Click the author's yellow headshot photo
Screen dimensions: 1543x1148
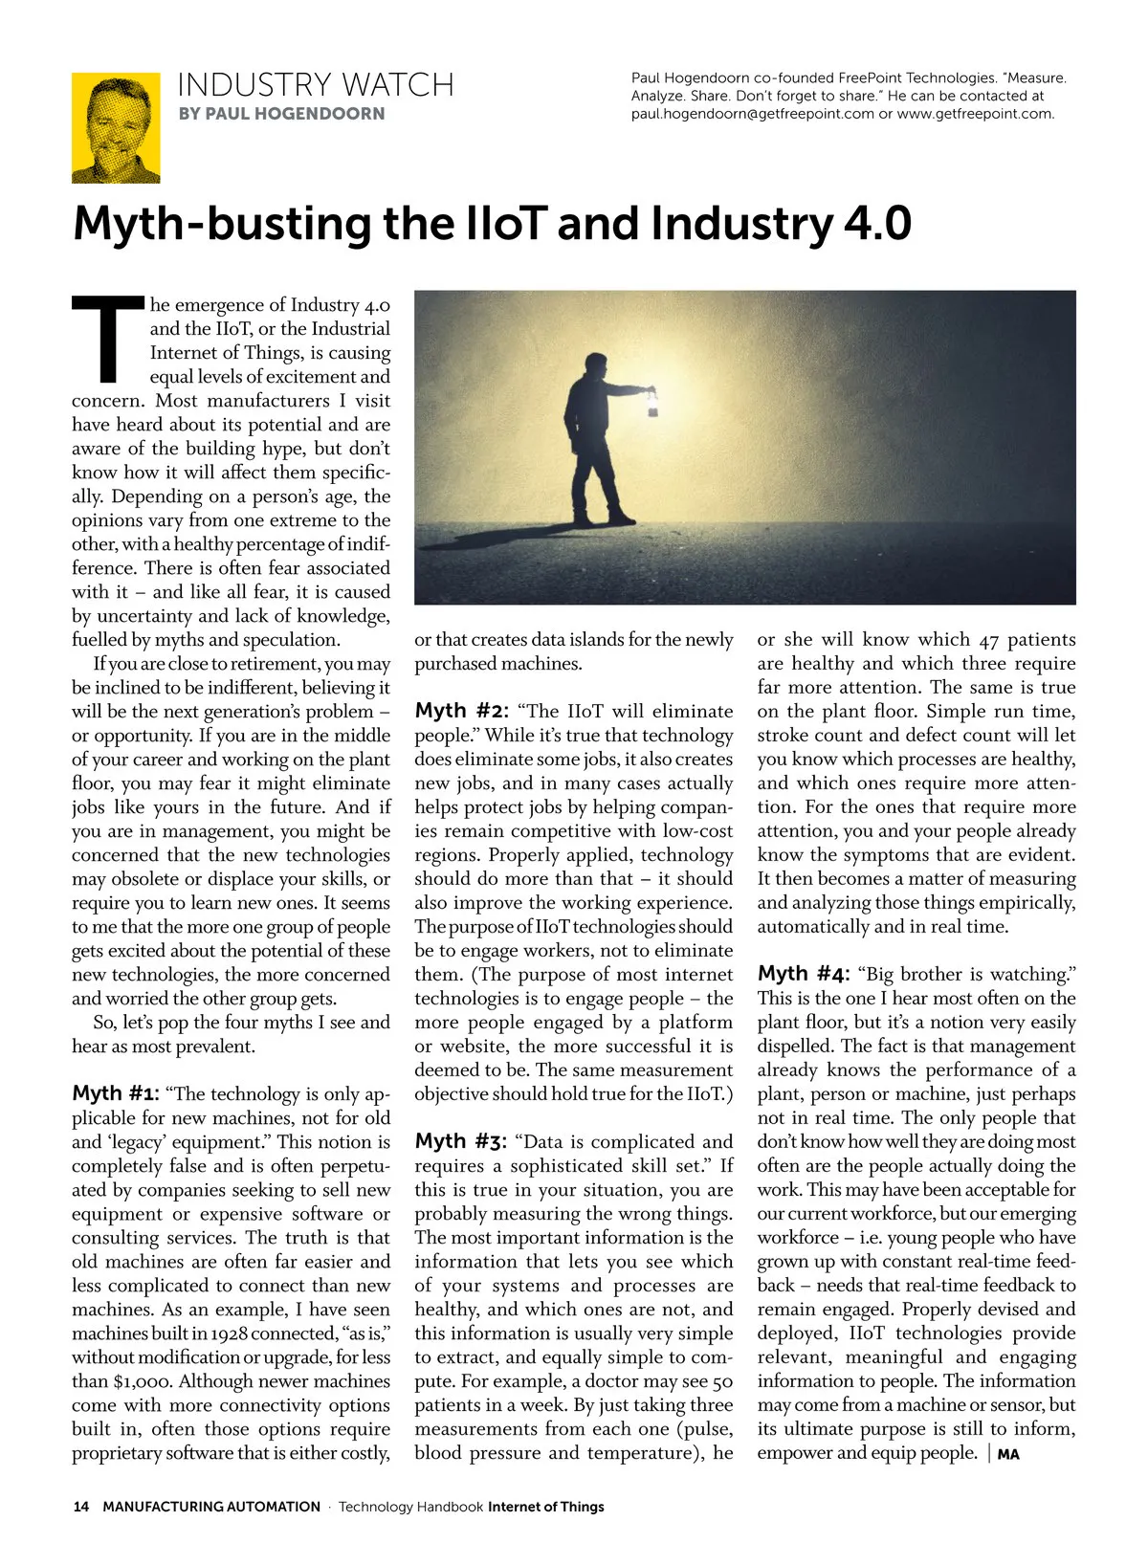pyautogui.click(x=116, y=127)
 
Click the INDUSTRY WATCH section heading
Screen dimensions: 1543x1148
pyautogui.click(x=315, y=85)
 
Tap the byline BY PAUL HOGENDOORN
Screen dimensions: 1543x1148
pyautogui.click(x=281, y=114)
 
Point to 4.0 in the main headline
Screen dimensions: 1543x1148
pyautogui.click(x=876, y=224)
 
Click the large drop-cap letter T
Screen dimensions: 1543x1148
pyautogui.click(x=107, y=337)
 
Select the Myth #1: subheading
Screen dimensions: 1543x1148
pyautogui.click(x=115, y=1093)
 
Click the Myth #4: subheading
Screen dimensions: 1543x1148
pyautogui.click(x=803, y=974)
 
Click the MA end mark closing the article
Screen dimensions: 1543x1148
pyautogui.click(x=1008, y=1455)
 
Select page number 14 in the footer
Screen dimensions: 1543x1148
pyautogui.click(x=81, y=1507)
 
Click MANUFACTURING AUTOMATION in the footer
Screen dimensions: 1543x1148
pyautogui.click(x=211, y=1507)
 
